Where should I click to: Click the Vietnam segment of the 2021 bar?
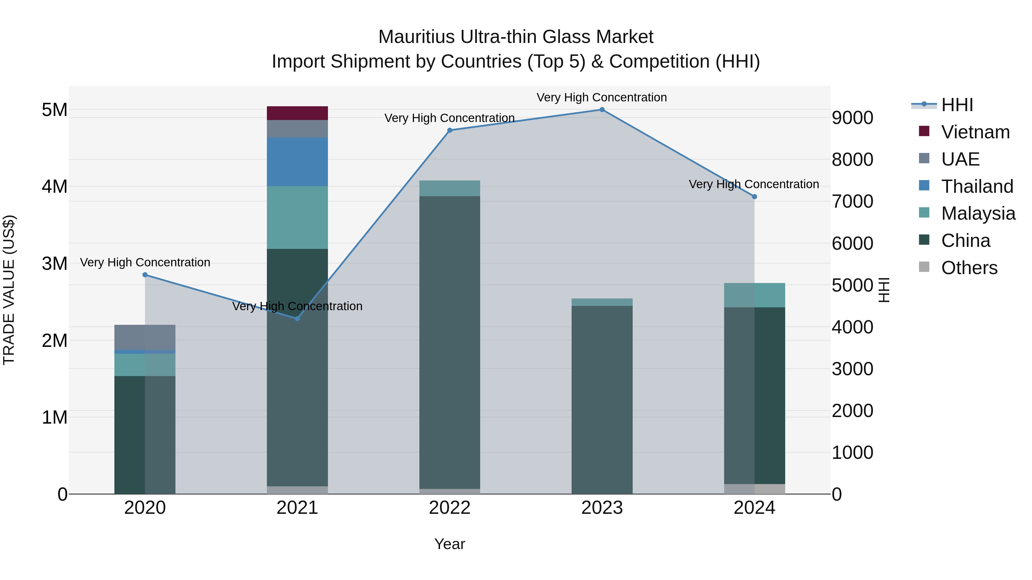[297, 113]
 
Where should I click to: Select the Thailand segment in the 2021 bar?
[297, 162]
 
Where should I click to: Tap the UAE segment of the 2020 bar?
[145, 337]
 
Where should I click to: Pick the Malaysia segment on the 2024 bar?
[755, 295]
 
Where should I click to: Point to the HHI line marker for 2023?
[602, 110]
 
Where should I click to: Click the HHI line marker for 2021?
[297, 318]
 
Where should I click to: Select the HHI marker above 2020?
[145, 275]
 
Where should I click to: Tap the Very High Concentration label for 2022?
[449, 118]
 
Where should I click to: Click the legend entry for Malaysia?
[978, 213]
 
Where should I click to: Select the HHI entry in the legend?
[957, 105]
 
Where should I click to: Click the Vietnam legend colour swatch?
[924, 131]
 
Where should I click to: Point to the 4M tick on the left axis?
[54, 186]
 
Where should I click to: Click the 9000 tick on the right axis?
[852, 118]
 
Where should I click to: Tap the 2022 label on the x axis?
[449, 508]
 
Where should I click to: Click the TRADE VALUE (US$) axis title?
[9, 290]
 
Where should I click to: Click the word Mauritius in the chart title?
[416, 37]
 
